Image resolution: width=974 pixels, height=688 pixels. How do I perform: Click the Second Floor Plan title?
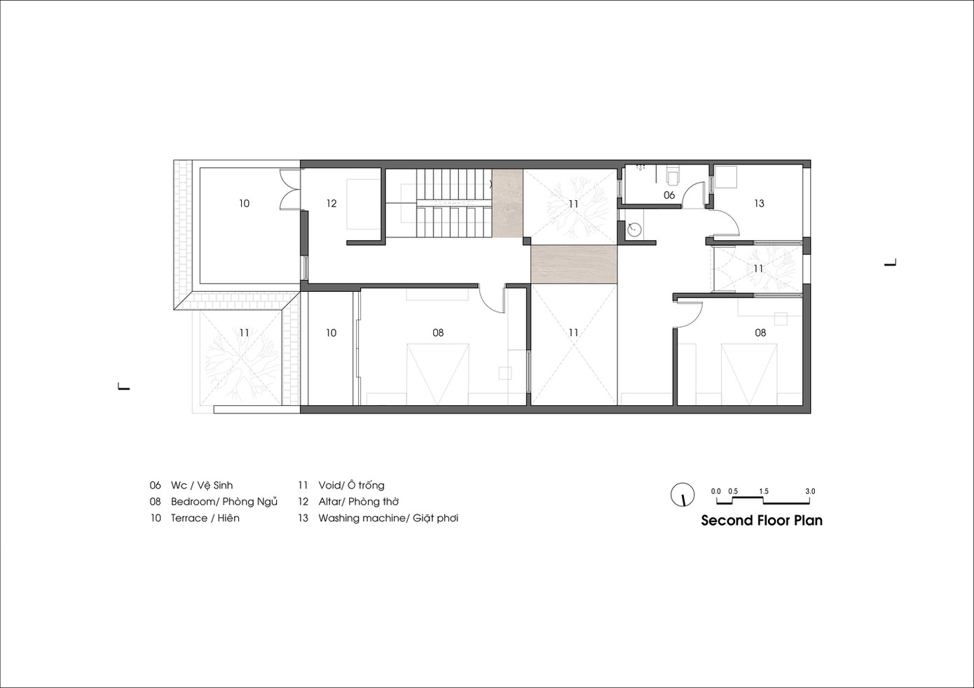click(x=762, y=521)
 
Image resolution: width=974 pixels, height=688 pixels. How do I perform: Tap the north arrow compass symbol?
click(x=683, y=495)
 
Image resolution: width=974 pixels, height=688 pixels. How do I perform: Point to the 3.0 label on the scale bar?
click(x=810, y=491)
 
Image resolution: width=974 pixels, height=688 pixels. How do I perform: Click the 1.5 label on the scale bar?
click(x=764, y=491)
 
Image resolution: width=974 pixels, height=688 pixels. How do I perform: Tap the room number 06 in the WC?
click(x=669, y=195)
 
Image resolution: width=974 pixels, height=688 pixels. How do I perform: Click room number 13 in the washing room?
click(x=759, y=203)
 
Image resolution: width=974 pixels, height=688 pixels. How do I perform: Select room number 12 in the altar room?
click(x=331, y=203)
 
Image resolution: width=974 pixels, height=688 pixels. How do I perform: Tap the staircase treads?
click(x=454, y=203)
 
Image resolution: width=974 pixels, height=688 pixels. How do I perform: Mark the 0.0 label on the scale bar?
click(x=715, y=491)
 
